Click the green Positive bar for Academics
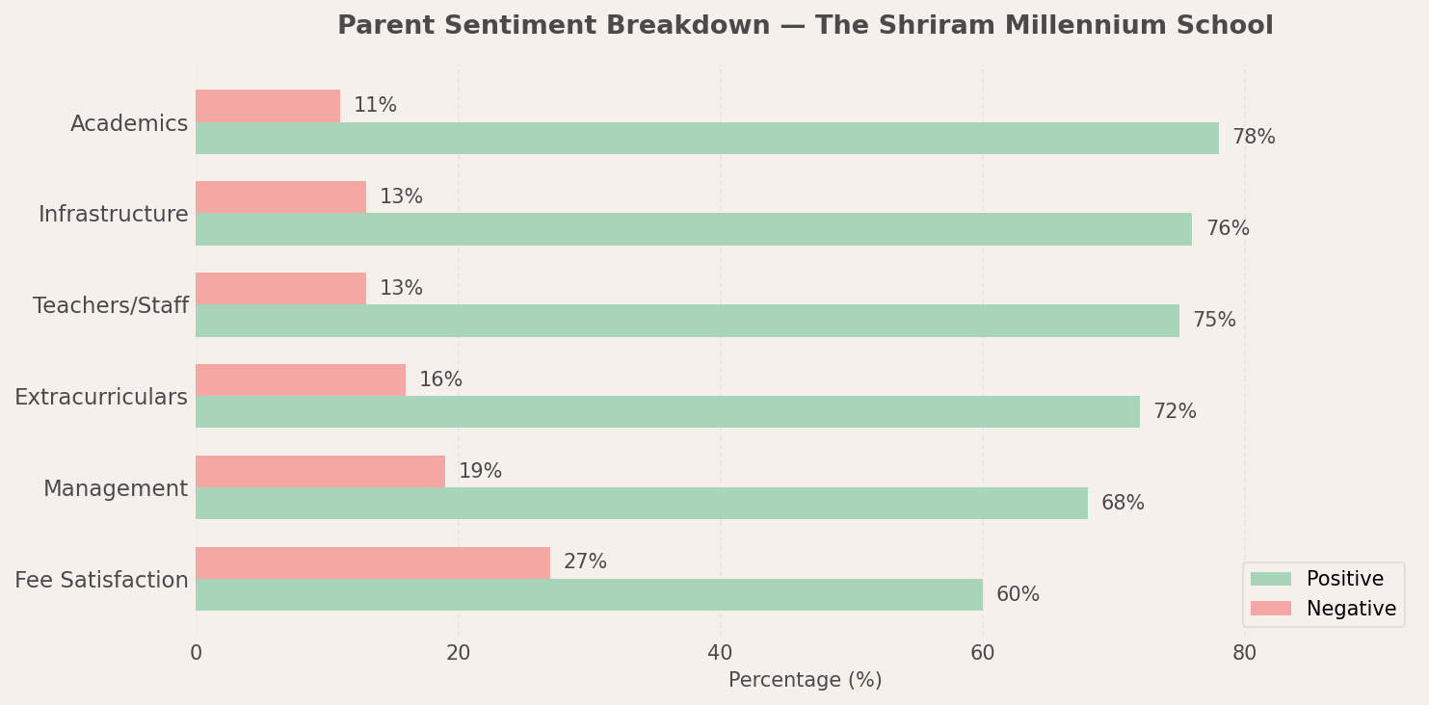point(706,138)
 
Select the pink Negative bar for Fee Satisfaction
point(373,562)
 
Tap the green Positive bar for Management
point(642,503)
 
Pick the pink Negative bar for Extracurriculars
point(301,379)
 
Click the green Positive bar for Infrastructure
point(694,229)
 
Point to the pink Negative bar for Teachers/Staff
point(280,288)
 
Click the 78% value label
point(1253,138)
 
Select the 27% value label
point(585,562)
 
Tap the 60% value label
point(1018,594)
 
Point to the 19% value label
point(480,471)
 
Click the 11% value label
point(375,106)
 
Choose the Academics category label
point(129,123)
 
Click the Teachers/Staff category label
point(111,306)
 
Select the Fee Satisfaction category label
point(101,580)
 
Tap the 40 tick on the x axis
point(720,653)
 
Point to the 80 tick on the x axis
point(1244,653)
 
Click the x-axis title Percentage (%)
point(805,680)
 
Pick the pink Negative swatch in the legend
point(1270,609)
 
